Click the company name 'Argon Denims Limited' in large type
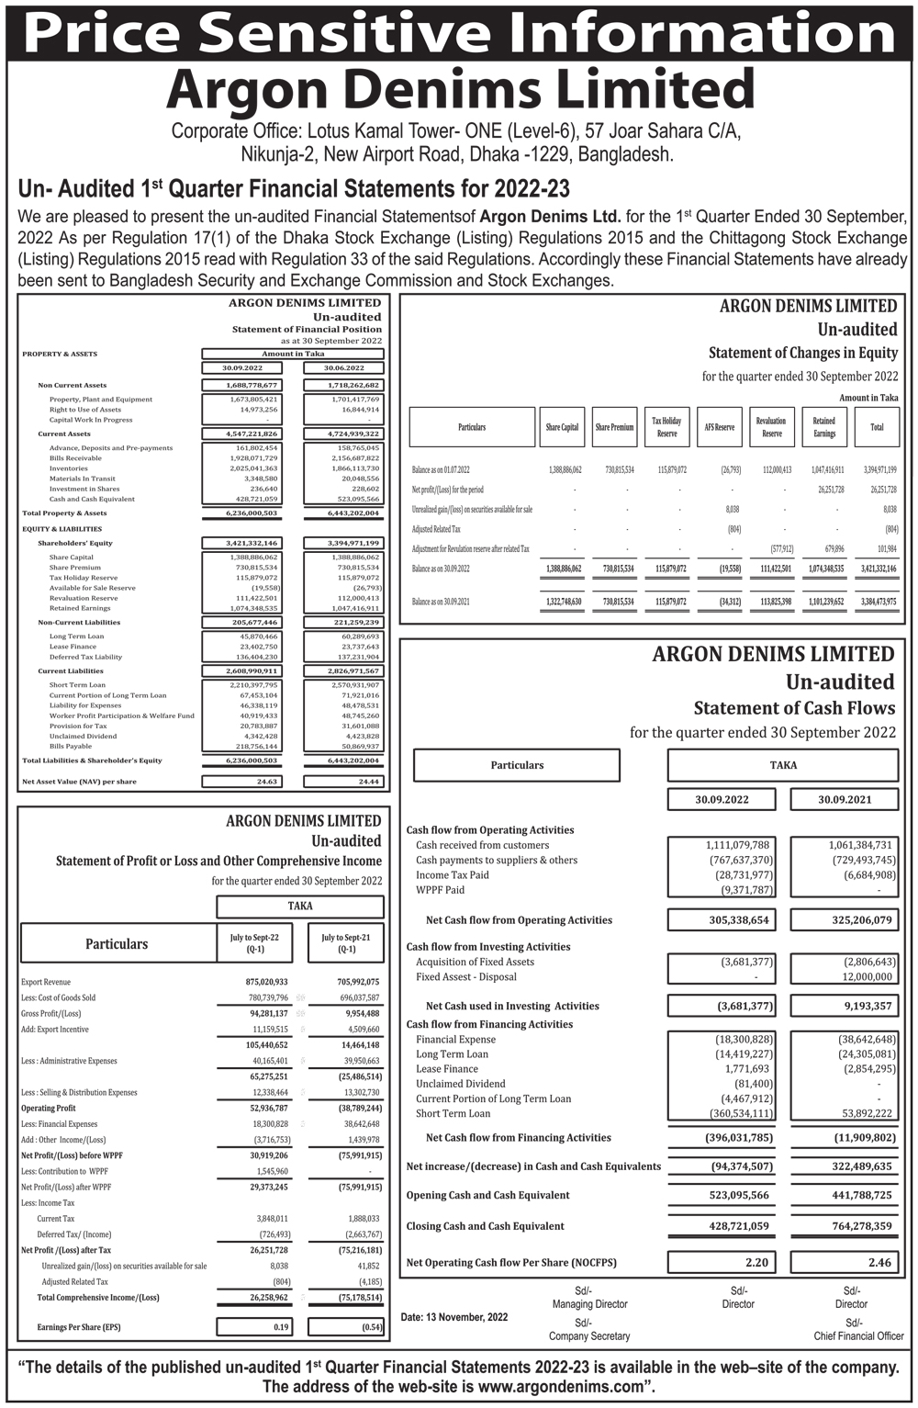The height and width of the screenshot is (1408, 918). click(x=459, y=90)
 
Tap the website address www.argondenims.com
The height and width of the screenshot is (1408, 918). click(x=558, y=1387)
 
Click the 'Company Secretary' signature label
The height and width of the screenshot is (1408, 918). click(x=589, y=1335)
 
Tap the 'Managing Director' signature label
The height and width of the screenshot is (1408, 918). click(x=589, y=1304)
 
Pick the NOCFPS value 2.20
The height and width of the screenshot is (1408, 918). click(x=721, y=1262)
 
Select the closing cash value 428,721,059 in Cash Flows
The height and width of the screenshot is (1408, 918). click(x=721, y=1226)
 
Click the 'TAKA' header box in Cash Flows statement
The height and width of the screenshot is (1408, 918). click(x=782, y=765)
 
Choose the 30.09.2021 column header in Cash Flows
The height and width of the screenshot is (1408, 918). click(x=845, y=799)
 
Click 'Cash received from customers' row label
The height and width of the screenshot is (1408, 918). click(x=482, y=845)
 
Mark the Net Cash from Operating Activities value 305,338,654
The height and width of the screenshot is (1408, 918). click(x=721, y=919)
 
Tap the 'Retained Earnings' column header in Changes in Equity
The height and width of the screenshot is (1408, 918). click(x=823, y=427)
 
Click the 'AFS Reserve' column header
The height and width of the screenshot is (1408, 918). click(x=720, y=427)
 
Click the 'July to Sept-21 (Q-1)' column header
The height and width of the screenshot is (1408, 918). click(x=345, y=942)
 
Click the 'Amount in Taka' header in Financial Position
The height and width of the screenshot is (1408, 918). click(x=293, y=354)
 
